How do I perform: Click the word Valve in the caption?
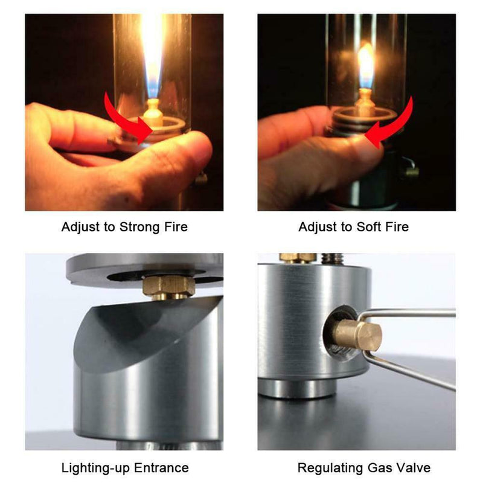point(411,467)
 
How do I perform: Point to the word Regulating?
point(327,467)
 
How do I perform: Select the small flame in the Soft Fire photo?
point(365,63)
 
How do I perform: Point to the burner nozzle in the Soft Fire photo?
point(364,100)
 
